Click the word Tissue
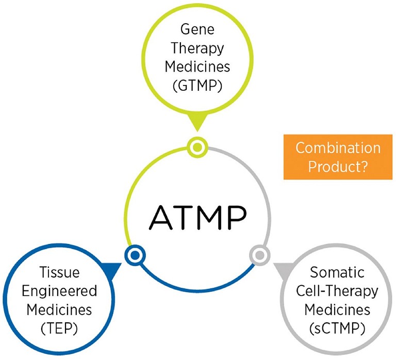pyautogui.click(x=60, y=271)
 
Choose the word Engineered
pyautogui.click(x=60, y=291)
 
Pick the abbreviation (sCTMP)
pyautogui.click(x=337, y=329)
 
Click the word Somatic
pyautogui.click(x=337, y=271)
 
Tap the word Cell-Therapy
pyautogui.click(x=337, y=291)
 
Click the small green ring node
pyautogui.click(x=197, y=148)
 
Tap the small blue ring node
pyautogui.click(x=135, y=254)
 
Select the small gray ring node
pyautogui.click(x=259, y=254)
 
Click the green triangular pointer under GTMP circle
pyautogui.click(x=197, y=124)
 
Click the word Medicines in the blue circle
pyautogui.click(x=60, y=310)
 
